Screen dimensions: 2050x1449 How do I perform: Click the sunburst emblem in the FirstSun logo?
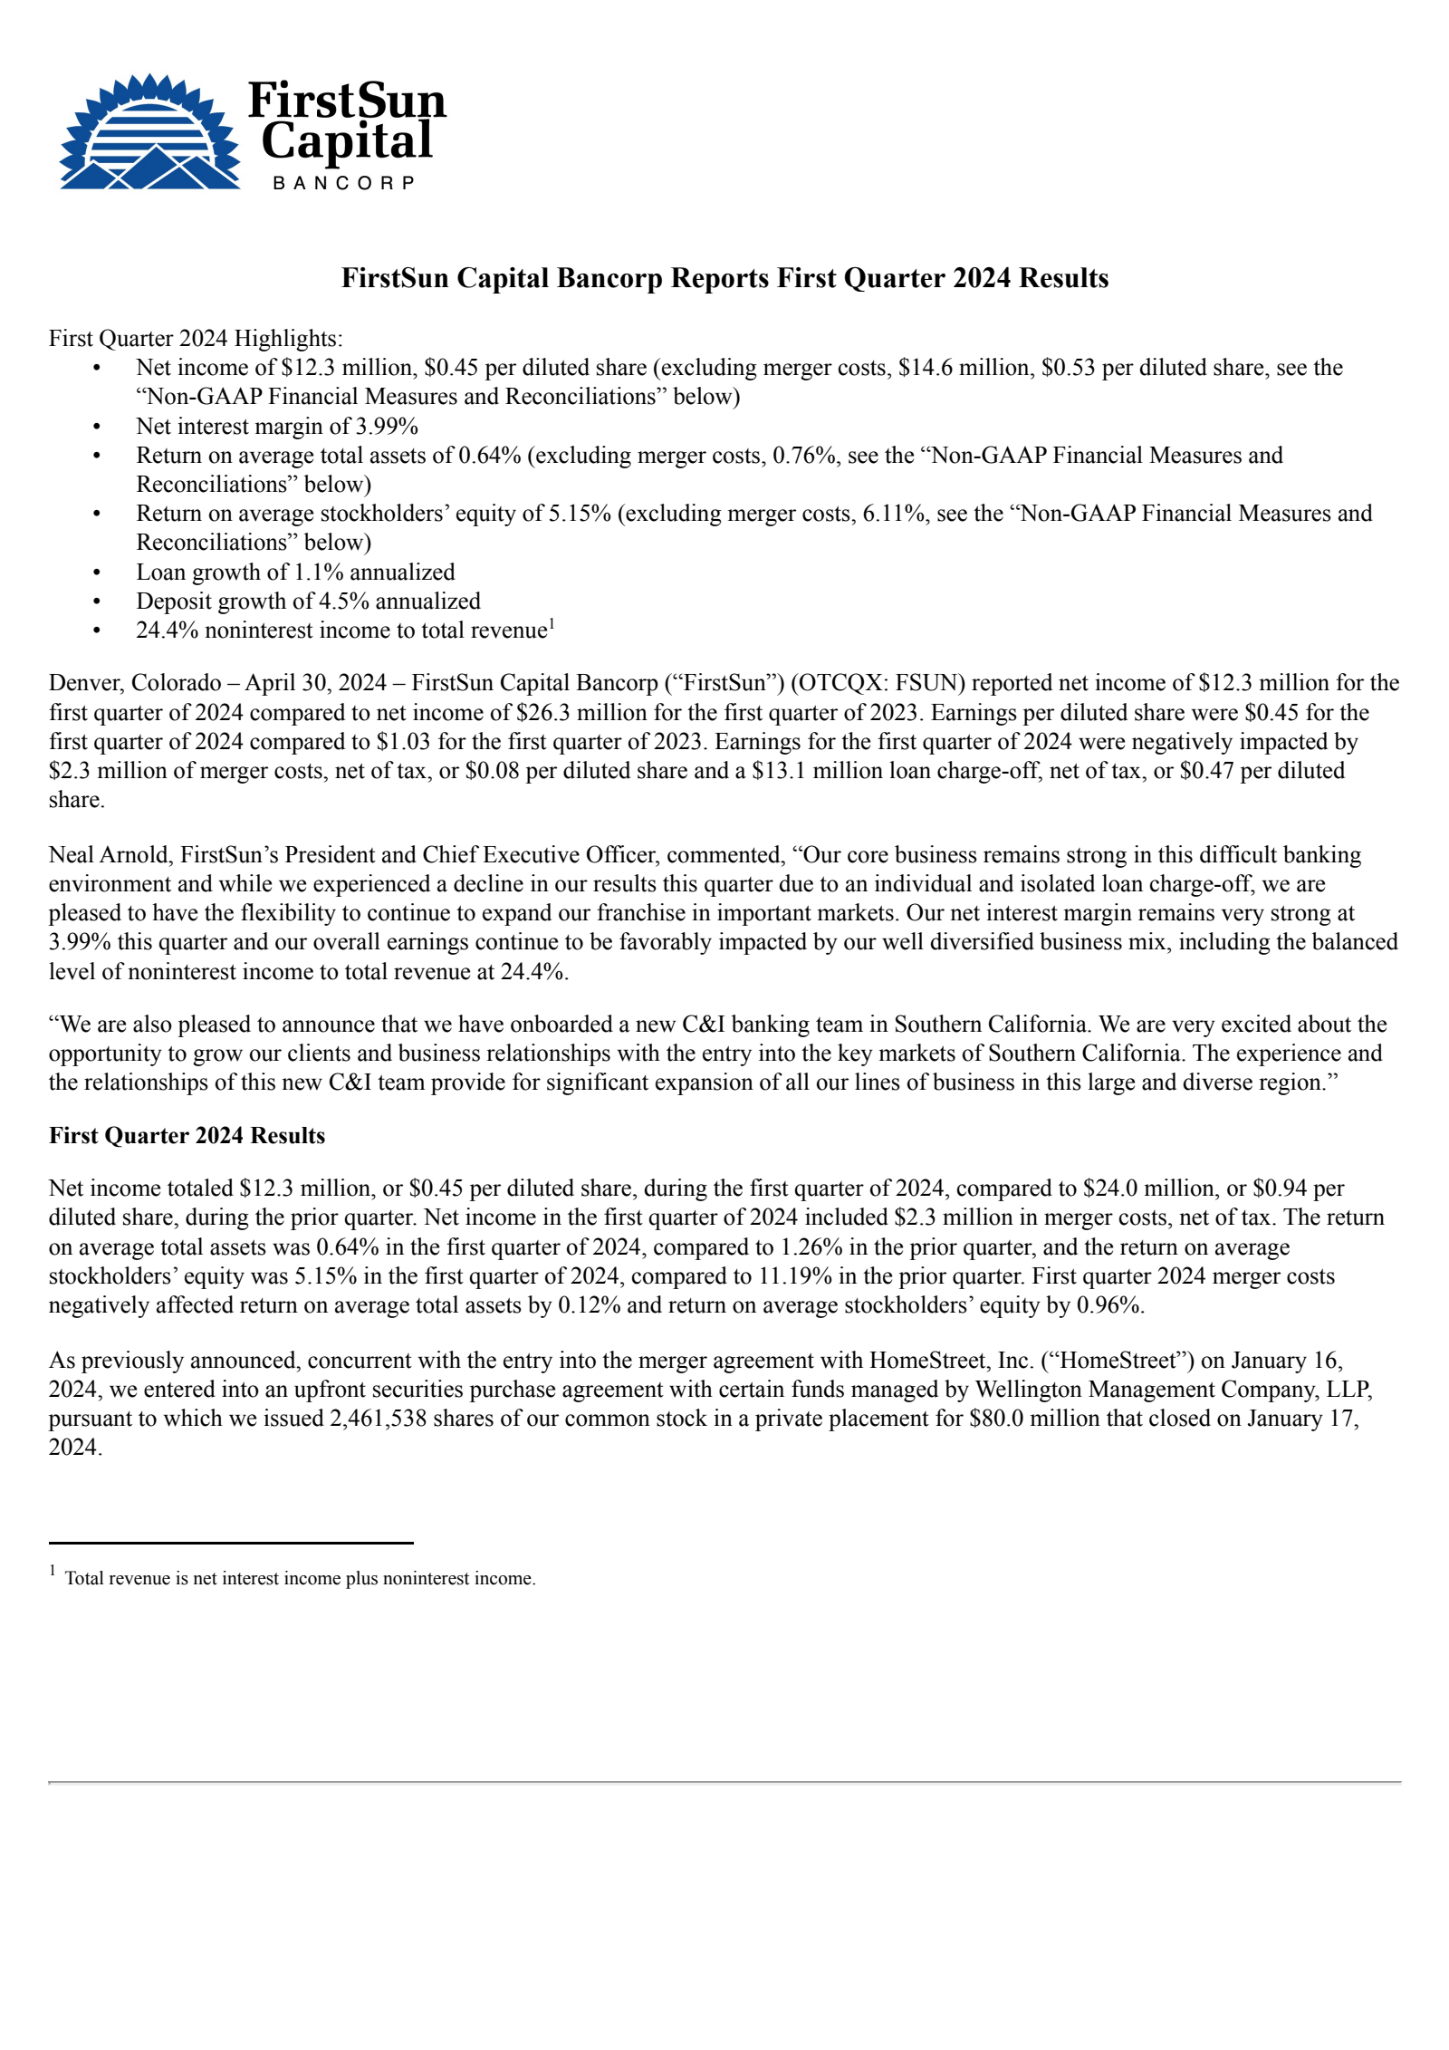tap(149, 132)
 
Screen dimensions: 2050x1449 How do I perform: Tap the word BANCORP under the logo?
tap(343, 183)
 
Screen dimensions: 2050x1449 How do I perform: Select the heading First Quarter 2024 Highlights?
tap(196, 339)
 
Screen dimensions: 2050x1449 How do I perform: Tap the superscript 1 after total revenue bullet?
tap(552, 624)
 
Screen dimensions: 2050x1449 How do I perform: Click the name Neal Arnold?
tap(109, 855)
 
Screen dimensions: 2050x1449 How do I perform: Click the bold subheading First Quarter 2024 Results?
tap(187, 1136)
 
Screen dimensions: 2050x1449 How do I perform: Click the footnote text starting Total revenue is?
tap(300, 1578)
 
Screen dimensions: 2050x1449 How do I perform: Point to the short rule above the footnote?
tap(231, 1543)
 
